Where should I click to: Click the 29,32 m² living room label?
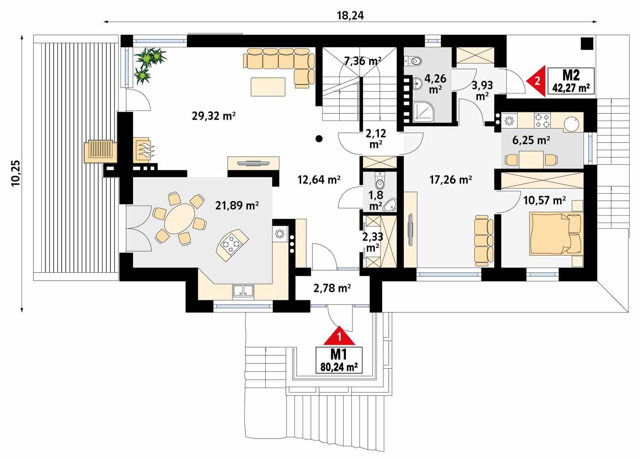coord(213,116)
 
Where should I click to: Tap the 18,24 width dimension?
coord(350,15)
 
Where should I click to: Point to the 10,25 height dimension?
coord(16,173)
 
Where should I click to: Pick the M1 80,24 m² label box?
coord(339,360)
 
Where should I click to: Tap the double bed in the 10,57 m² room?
coord(556,232)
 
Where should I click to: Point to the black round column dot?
coord(319,139)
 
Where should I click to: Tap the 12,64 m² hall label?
coord(319,180)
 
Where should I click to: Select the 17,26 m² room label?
coord(451,180)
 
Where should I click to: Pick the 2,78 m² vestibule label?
coord(332,289)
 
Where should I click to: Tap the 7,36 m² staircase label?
coord(362,61)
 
